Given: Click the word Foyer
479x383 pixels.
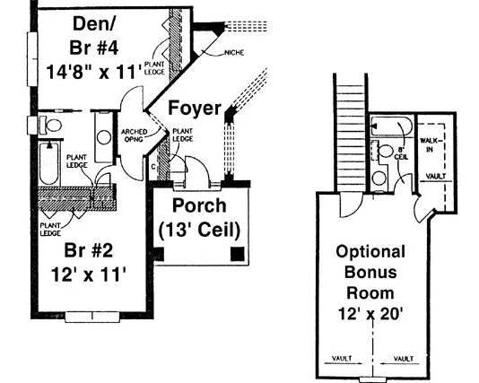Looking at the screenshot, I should pos(193,109).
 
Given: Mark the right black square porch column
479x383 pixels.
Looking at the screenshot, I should pos(235,255).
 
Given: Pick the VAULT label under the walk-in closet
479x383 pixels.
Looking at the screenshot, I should pos(437,177).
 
